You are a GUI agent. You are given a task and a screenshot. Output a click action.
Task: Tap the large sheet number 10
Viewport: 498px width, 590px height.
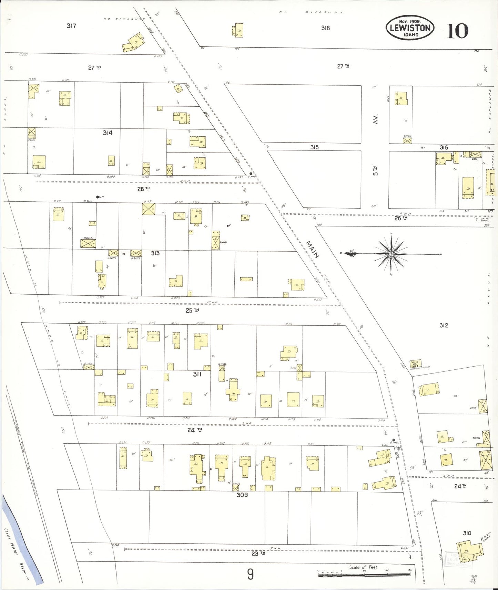click(457, 31)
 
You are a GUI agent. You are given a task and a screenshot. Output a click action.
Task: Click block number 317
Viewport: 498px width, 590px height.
click(71, 26)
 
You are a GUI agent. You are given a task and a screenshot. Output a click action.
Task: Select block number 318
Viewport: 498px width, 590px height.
click(325, 28)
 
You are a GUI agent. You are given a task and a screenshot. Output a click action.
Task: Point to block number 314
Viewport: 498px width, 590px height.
click(108, 133)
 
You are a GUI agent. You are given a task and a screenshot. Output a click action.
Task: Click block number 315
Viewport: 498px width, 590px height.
click(314, 147)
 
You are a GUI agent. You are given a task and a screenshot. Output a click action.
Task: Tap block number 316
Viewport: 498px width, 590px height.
click(444, 148)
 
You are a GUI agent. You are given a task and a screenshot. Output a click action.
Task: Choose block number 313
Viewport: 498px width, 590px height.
click(155, 253)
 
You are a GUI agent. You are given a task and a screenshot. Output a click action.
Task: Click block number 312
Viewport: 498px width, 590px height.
click(444, 325)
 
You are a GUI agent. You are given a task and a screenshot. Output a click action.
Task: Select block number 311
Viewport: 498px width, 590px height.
click(197, 374)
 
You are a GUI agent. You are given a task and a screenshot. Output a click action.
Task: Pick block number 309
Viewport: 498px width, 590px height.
click(242, 495)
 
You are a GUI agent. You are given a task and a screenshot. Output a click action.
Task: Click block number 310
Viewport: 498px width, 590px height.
click(467, 533)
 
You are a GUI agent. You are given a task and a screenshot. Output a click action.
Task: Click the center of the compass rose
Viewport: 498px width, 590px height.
click(391, 254)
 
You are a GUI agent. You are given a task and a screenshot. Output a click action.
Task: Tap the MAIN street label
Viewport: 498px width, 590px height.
click(313, 249)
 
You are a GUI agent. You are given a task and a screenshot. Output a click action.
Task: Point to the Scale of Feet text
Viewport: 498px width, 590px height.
click(364, 567)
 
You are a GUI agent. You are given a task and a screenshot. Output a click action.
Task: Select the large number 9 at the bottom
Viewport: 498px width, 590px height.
click(251, 574)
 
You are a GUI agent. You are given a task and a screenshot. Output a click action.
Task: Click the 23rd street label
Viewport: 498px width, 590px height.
click(258, 553)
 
